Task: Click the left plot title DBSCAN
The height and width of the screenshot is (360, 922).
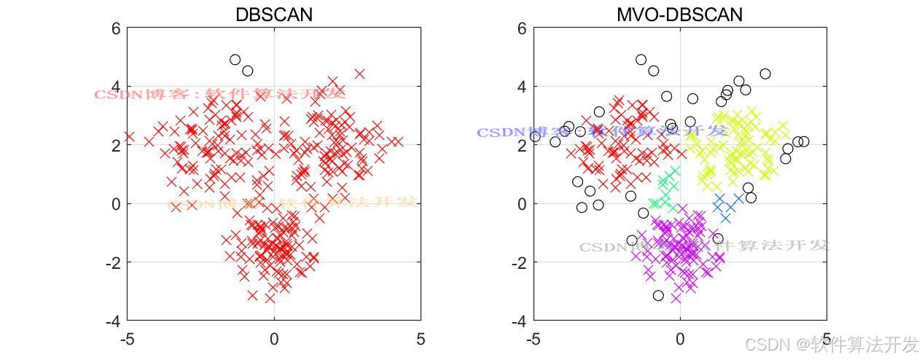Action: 273,15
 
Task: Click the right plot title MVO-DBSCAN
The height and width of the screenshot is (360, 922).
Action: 679,15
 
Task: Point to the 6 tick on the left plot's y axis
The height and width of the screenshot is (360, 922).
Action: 115,28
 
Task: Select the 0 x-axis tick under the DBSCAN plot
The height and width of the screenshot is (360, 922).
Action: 274,339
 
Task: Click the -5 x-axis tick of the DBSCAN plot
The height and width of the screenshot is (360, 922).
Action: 127,339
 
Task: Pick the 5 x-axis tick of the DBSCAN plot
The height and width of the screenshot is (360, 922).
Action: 421,339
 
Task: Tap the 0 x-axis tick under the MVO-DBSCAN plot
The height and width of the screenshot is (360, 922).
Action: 680,339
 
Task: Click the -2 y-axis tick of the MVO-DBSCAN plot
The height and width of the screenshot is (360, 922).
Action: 517,262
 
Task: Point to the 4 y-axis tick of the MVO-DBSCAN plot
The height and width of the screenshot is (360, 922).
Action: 521,87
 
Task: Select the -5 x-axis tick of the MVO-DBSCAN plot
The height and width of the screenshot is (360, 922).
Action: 533,339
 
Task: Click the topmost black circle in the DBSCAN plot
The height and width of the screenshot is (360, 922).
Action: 235,60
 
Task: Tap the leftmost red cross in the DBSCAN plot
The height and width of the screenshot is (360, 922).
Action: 130,136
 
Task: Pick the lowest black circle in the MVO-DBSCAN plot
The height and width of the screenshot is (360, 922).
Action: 658,295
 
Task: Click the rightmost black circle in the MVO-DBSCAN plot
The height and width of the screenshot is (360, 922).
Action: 803,141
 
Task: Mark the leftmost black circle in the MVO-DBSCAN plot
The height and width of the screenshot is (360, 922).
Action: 535,136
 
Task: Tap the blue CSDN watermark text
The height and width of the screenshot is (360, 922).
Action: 602,132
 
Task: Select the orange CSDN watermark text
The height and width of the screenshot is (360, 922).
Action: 292,203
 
